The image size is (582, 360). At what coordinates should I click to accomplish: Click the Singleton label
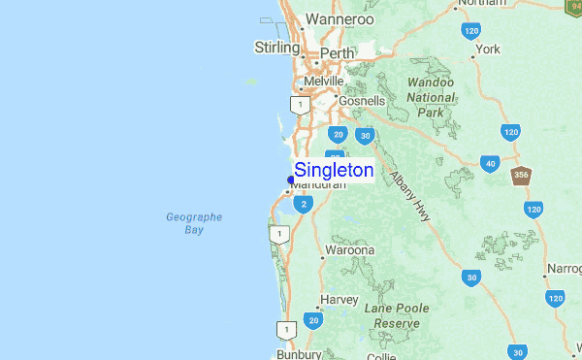334,170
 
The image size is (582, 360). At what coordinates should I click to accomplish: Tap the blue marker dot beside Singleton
290,180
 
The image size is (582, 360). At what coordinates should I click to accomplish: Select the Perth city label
337,52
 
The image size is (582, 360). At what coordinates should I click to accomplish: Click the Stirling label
276,47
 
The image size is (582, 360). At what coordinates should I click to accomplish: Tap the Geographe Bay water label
194,223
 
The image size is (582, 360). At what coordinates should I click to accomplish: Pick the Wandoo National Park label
431,97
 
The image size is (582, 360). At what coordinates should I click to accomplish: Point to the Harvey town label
339,300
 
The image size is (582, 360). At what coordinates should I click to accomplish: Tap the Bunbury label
298,354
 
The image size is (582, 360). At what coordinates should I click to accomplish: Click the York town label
487,49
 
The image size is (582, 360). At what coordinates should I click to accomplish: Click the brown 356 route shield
521,176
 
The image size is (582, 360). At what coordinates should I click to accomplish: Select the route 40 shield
491,164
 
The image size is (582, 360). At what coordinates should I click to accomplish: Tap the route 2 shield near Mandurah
305,204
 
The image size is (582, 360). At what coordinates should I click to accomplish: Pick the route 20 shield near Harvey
312,319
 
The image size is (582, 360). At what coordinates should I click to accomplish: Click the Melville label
324,82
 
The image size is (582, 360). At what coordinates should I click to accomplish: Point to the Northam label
481,4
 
